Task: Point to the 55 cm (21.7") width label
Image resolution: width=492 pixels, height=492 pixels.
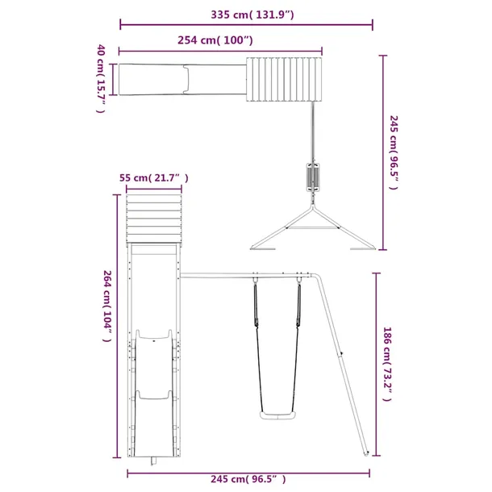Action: click(x=153, y=177)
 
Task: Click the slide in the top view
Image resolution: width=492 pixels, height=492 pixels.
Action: click(x=181, y=79)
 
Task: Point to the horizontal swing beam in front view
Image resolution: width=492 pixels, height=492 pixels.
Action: click(x=250, y=275)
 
